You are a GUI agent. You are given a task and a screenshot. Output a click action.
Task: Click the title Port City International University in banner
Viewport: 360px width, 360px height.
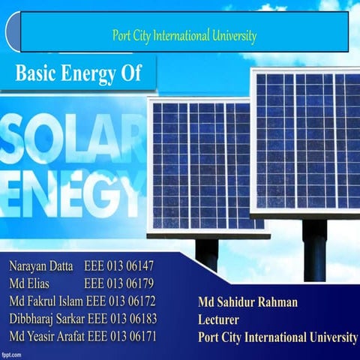[x=184, y=35]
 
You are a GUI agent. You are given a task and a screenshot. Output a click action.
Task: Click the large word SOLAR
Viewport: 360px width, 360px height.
[x=71, y=139]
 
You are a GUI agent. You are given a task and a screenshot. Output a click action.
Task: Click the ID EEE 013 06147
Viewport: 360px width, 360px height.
[x=119, y=266]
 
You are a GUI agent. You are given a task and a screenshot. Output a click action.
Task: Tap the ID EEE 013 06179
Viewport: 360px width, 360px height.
[x=119, y=283]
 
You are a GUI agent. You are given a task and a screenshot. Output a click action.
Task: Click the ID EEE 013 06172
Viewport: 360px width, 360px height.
[x=121, y=301]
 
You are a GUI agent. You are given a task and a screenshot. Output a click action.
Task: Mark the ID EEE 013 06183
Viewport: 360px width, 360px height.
[x=122, y=318]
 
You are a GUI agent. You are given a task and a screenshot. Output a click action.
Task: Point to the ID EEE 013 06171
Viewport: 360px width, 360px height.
[x=122, y=335]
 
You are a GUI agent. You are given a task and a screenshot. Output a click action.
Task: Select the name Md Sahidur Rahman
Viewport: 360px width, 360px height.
[x=247, y=302]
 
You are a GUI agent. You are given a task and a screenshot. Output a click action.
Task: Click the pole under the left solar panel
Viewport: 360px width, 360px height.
[x=206, y=253]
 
